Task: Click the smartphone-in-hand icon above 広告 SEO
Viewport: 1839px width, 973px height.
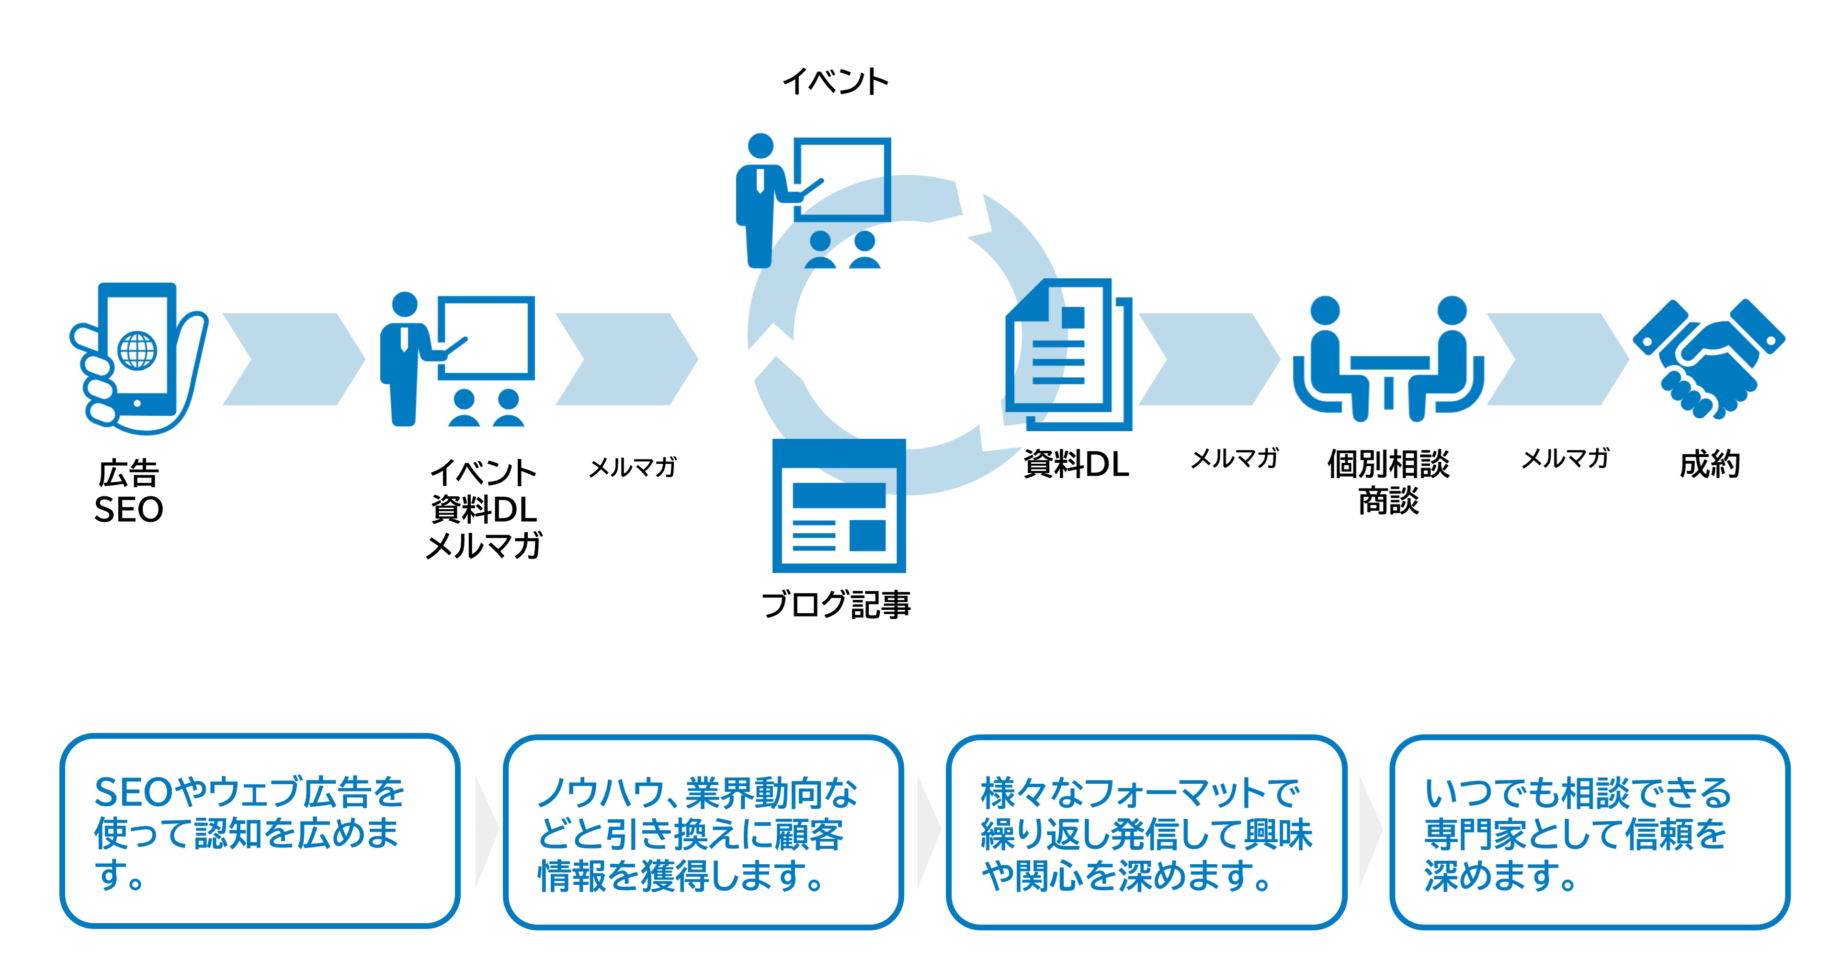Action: (138, 357)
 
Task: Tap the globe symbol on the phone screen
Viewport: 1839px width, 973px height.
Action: (137, 350)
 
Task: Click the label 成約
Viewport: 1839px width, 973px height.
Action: (1710, 464)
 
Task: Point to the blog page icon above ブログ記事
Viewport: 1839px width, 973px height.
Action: (839, 506)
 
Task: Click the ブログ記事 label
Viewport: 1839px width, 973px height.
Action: (836, 605)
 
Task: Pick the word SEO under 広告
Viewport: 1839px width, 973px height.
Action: (129, 509)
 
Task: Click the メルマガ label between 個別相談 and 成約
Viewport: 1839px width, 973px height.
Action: (1566, 458)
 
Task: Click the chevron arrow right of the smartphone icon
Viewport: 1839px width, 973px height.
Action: (293, 359)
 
